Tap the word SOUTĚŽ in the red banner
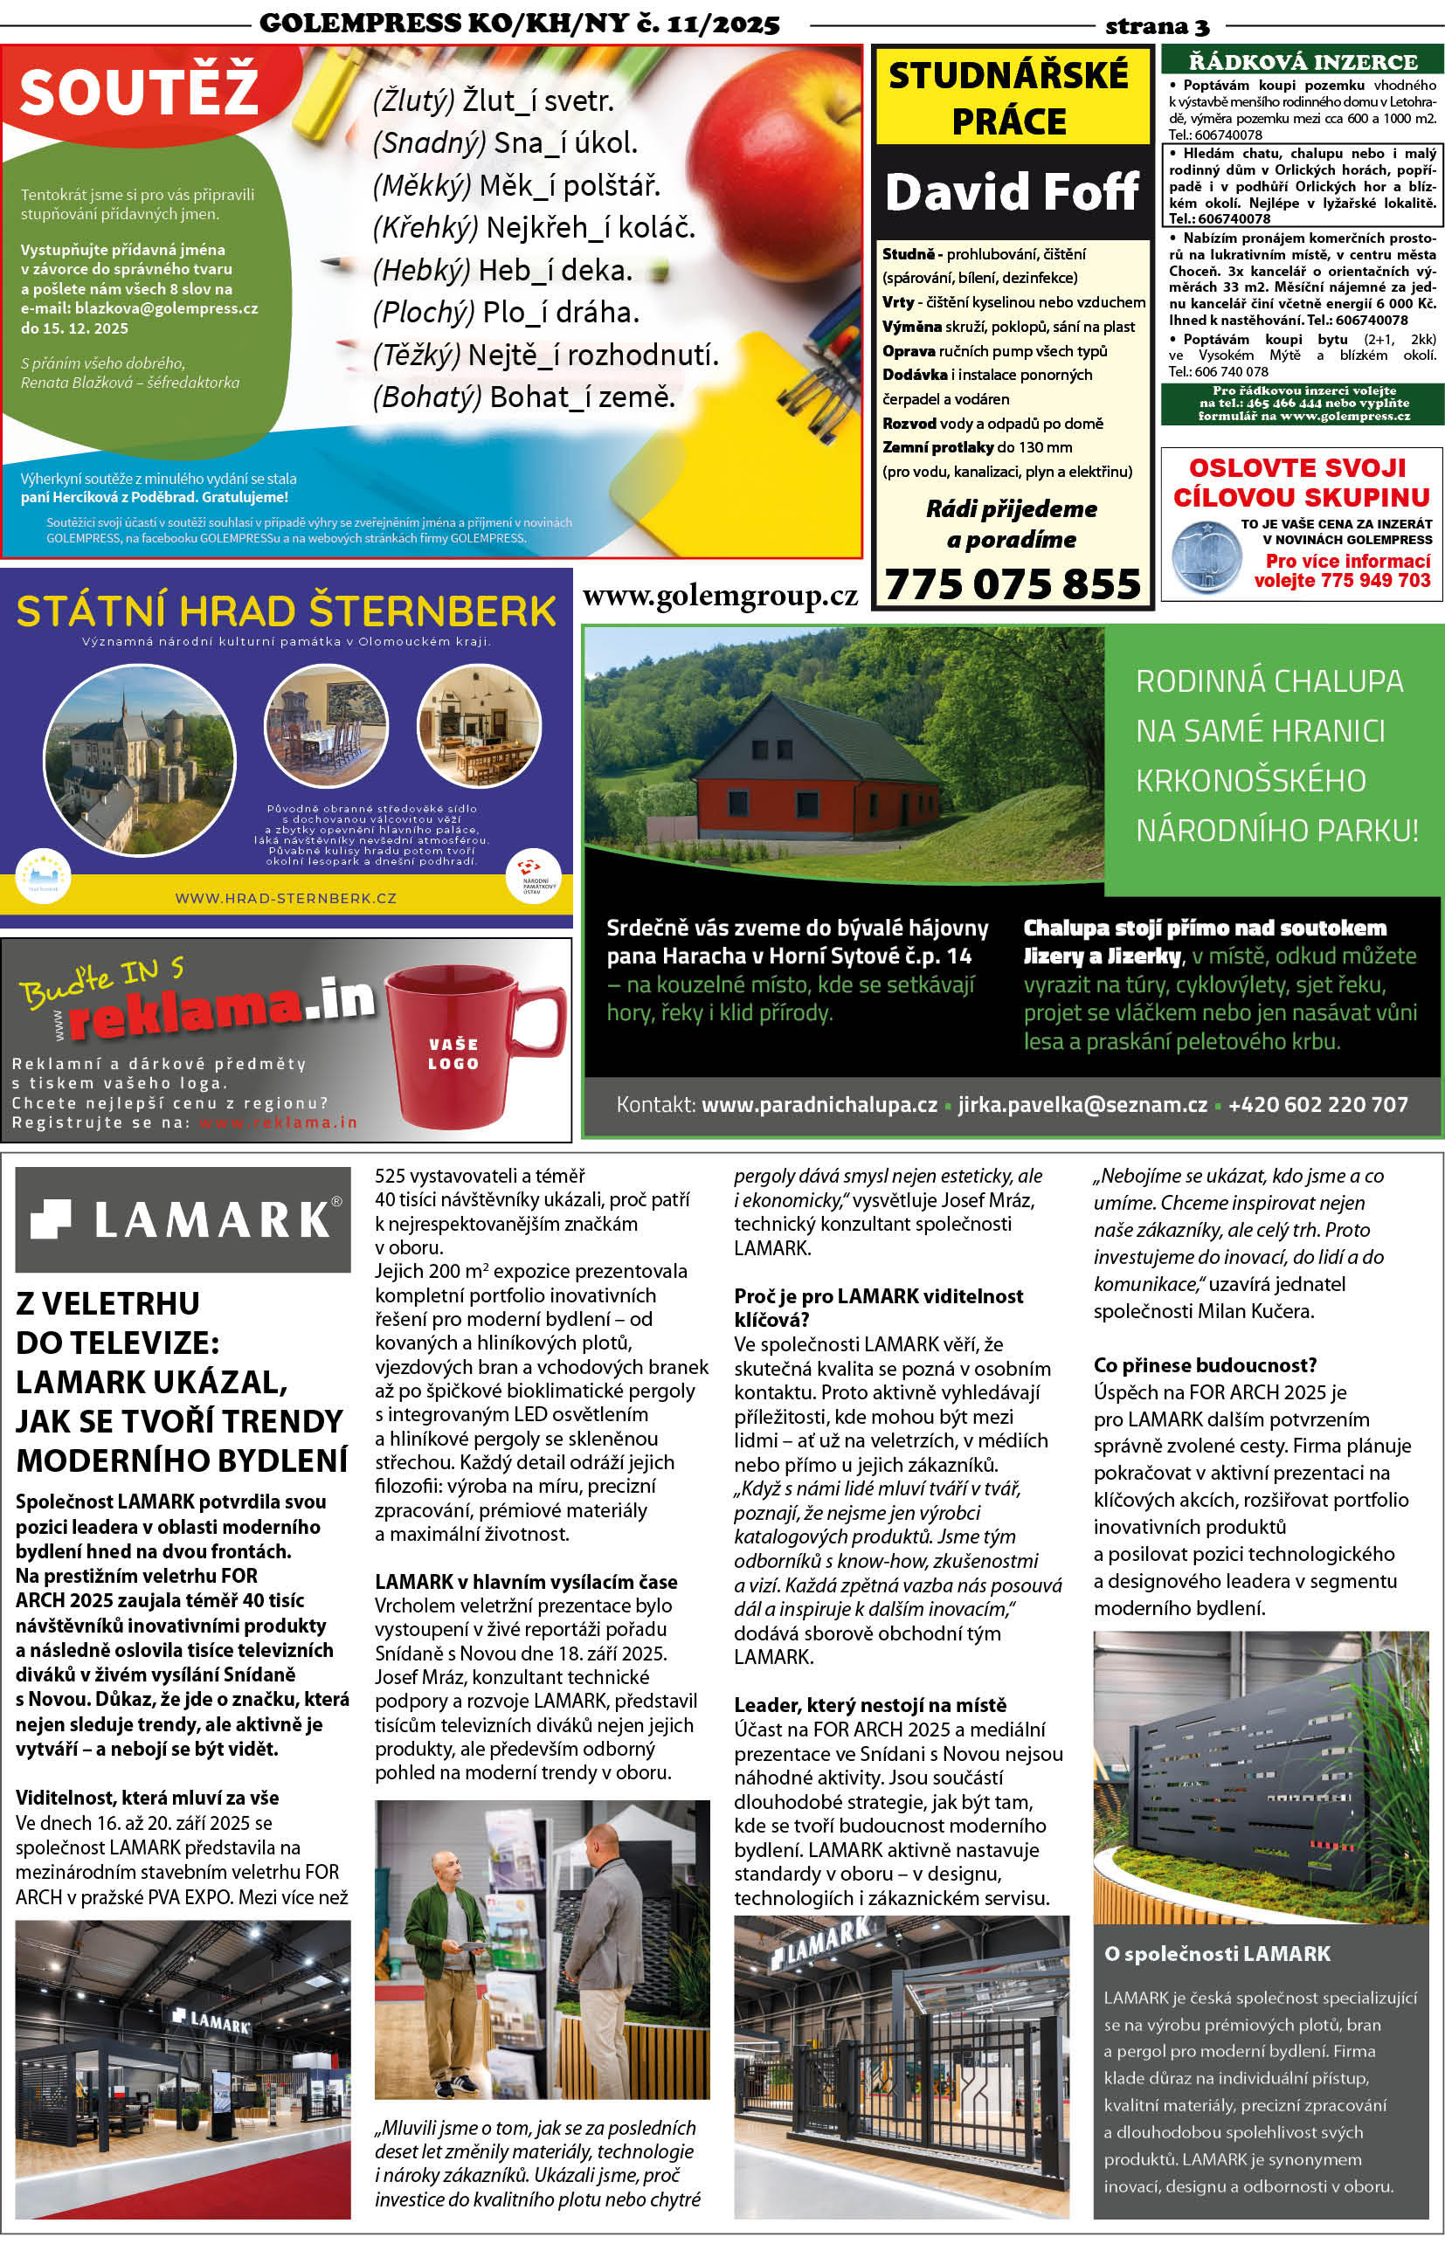click(138, 89)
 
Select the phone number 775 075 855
click(1013, 583)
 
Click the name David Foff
click(1012, 191)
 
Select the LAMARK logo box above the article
click(183, 1219)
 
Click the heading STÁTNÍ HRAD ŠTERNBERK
click(287, 611)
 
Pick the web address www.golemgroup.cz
click(720, 597)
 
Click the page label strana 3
click(1157, 25)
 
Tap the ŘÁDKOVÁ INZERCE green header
click(1302, 62)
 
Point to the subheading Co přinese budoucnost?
click(1204, 1365)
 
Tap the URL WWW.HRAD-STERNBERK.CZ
click(286, 898)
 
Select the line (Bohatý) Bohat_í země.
click(523, 397)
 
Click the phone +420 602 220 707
click(1317, 1104)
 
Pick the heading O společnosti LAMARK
click(1217, 1953)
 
